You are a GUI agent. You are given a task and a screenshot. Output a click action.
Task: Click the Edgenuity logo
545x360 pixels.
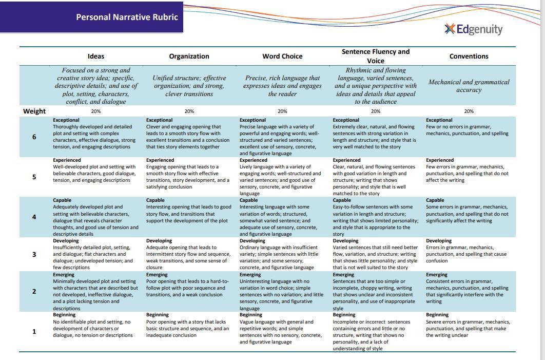click(x=473, y=29)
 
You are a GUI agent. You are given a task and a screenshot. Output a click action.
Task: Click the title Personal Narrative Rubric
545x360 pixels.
click(x=127, y=17)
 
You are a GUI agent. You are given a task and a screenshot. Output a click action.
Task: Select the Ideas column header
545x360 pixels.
click(x=96, y=56)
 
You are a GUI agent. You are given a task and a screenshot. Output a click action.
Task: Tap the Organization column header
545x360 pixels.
click(x=189, y=56)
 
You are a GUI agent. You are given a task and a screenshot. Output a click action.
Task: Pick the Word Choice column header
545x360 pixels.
click(x=282, y=56)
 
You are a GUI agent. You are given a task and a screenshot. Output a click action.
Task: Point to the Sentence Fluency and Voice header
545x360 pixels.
click(x=376, y=56)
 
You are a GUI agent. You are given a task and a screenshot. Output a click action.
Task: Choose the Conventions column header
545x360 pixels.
click(x=469, y=56)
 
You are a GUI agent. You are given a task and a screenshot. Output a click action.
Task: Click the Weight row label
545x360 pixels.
click(x=34, y=111)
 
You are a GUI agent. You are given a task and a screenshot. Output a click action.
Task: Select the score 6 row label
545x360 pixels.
click(x=34, y=137)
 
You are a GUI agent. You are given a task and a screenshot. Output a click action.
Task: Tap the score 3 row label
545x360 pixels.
click(x=34, y=254)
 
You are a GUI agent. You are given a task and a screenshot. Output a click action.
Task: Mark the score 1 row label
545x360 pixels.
click(x=34, y=331)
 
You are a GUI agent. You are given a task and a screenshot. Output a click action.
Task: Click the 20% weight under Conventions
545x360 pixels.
click(x=469, y=111)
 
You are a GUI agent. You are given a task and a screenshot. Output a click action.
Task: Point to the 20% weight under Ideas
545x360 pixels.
click(x=96, y=111)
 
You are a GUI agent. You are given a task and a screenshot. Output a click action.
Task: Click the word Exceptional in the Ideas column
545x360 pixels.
click(x=66, y=120)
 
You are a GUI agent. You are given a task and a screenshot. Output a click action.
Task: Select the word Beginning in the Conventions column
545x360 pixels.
click(x=438, y=315)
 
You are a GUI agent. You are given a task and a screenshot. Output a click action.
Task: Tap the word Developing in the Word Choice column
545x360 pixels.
click(x=252, y=241)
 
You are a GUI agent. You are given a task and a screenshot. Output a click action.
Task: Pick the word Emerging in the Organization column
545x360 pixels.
click(x=157, y=275)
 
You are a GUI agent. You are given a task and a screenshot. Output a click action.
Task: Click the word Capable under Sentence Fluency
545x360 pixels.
click(x=342, y=200)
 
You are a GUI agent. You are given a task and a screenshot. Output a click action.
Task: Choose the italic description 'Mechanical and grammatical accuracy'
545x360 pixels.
click(x=469, y=86)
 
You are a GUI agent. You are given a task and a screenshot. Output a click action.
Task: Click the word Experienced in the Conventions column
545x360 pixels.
click(x=440, y=160)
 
